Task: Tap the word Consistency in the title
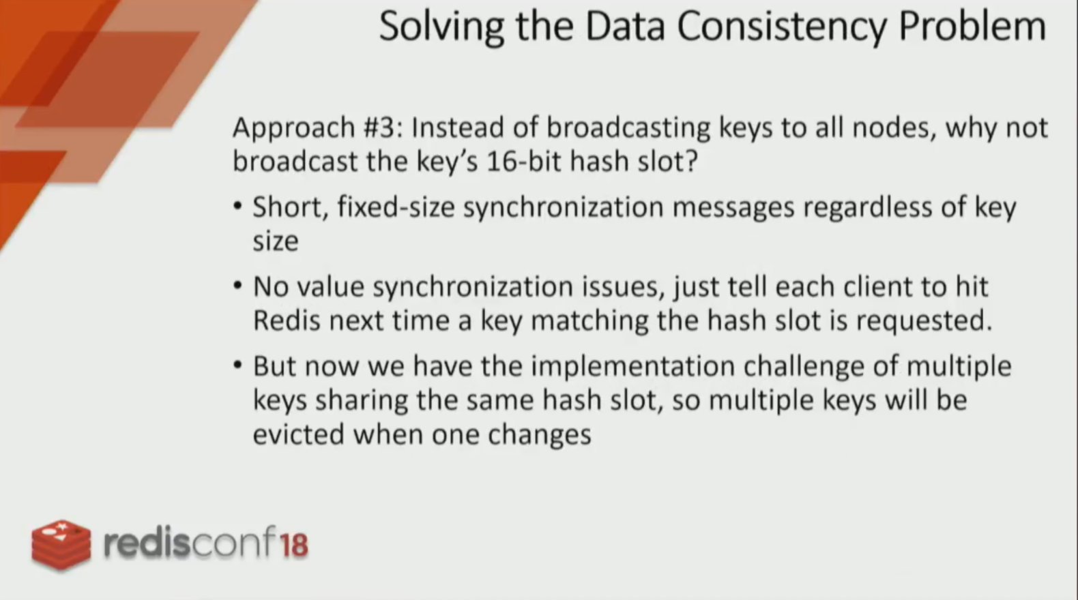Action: click(x=782, y=28)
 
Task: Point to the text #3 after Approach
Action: click(x=383, y=128)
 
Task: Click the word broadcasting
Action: click(x=628, y=129)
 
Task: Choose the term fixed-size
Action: click(x=396, y=208)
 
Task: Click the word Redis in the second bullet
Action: click(x=287, y=320)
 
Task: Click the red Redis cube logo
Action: click(x=61, y=545)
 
